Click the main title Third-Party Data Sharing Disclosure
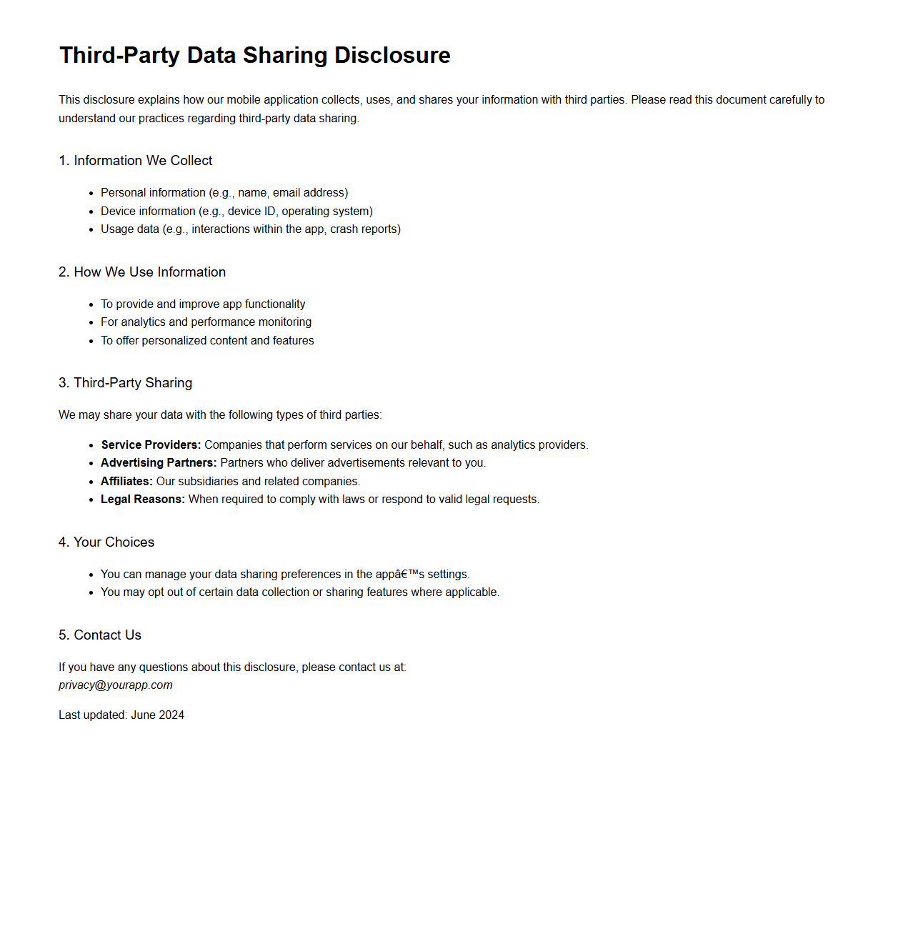click(x=254, y=55)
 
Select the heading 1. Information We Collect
click(x=135, y=161)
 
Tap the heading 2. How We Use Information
click(x=142, y=272)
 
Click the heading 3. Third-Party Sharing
click(x=125, y=383)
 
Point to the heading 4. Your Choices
click(x=106, y=542)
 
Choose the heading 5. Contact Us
click(x=100, y=635)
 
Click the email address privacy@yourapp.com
click(x=116, y=685)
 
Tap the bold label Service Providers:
click(x=151, y=445)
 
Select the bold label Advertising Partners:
click(x=159, y=463)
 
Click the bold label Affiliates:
click(x=126, y=482)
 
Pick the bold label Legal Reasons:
click(x=143, y=500)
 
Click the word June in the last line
click(x=143, y=715)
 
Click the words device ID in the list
click(x=251, y=212)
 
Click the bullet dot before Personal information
click(x=91, y=194)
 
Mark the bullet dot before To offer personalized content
click(x=91, y=342)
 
